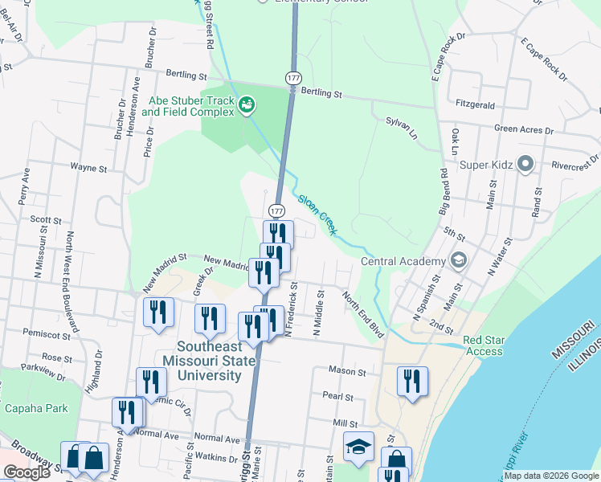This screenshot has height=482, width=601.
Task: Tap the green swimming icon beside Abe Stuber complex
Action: (x=247, y=104)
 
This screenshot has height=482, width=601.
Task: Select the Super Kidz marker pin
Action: (x=526, y=165)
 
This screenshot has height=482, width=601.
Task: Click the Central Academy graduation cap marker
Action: (x=458, y=260)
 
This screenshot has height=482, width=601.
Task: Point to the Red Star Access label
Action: (x=484, y=345)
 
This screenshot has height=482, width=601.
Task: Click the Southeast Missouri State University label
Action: (x=209, y=361)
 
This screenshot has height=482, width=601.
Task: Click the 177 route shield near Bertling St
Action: (x=292, y=76)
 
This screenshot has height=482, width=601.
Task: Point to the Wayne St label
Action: (x=88, y=169)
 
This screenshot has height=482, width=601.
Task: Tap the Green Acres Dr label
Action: (x=525, y=129)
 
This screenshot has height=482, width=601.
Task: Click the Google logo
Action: (x=27, y=472)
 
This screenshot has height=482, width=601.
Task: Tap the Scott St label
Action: (x=46, y=219)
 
